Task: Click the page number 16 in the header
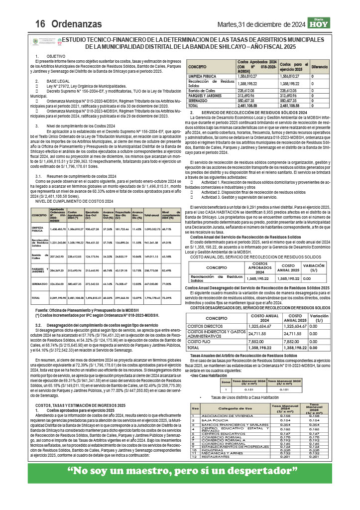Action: click(40, 24)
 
